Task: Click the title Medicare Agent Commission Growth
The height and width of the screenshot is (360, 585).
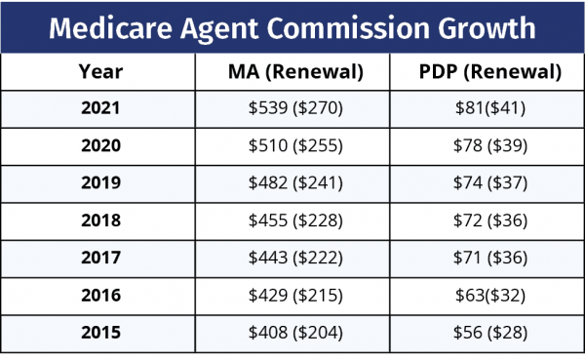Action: coord(292,27)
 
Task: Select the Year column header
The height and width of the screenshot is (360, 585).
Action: coord(100,71)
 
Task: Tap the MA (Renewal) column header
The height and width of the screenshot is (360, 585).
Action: coord(293,71)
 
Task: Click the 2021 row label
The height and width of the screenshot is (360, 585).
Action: coord(100,108)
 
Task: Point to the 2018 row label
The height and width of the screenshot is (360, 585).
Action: coord(100,220)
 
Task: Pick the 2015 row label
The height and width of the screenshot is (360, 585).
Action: coord(100,333)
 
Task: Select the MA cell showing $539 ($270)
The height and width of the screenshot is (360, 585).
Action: coord(293,108)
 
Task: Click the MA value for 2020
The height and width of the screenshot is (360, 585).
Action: coord(293,146)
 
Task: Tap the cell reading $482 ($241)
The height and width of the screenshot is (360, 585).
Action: coord(293,183)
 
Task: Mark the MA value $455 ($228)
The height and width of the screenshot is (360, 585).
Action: coord(293,220)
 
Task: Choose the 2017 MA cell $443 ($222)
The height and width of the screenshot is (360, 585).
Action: coord(293,259)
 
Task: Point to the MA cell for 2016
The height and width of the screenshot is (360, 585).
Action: coord(293,296)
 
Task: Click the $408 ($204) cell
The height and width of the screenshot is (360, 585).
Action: coord(293,333)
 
